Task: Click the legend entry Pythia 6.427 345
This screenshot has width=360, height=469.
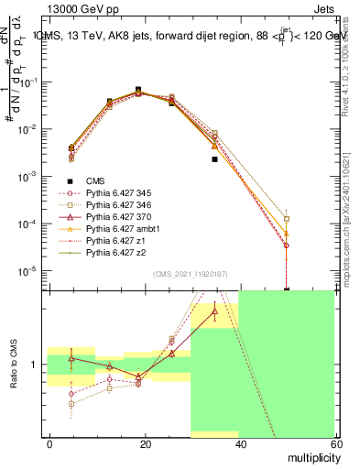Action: (115, 193)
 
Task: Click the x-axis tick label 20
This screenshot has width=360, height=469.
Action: (144, 442)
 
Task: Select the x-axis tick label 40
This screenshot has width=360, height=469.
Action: (240, 442)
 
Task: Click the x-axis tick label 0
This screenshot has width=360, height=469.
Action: (49, 442)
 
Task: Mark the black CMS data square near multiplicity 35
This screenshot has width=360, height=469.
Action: (214, 159)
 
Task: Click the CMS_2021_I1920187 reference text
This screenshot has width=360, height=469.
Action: (191, 273)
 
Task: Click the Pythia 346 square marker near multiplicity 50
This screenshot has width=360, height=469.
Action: (287, 219)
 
